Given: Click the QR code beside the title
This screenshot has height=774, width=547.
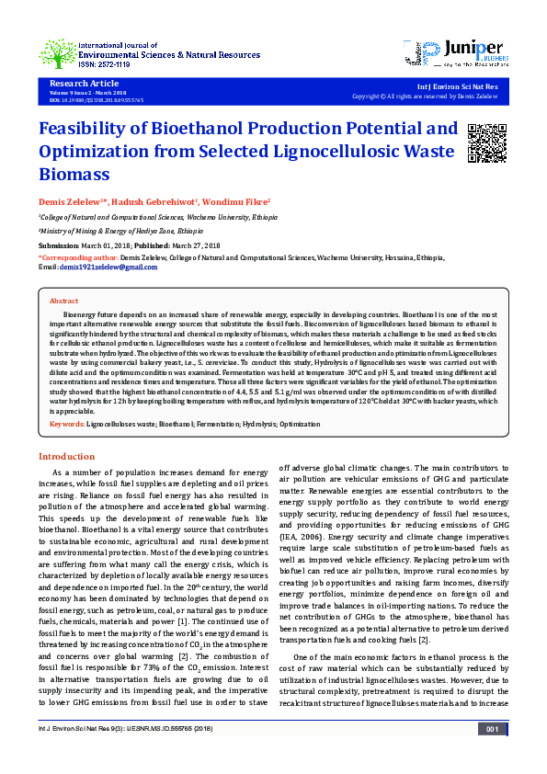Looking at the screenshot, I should (x=487, y=142).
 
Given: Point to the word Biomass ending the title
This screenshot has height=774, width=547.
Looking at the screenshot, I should (x=74, y=174).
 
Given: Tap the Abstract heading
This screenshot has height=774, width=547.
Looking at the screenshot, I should (x=63, y=302).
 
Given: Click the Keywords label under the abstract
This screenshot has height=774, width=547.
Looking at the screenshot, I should (x=66, y=425).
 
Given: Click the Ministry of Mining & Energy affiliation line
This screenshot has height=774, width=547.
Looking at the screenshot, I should (x=115, y=233).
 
